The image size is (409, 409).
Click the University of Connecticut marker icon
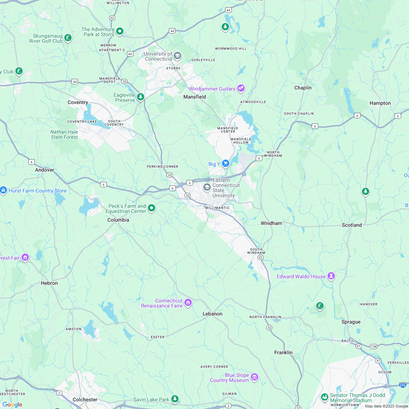point(177,56)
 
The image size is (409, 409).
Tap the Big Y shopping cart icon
point(225,163)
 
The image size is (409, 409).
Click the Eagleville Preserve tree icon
point(141,97)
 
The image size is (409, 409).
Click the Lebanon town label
point(213,314)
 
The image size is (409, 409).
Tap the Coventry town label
point(78,102)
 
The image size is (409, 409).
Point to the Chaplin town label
point(303,88)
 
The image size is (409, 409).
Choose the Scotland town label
point(352,225)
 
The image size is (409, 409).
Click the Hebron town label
point(49,283)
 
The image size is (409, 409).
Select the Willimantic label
point(218,208)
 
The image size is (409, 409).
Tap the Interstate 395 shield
point(403,385)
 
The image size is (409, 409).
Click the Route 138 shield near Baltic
point(374,346)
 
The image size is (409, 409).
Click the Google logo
point(12,404)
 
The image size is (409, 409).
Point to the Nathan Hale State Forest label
point(64,134)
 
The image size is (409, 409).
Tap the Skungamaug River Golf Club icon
point(68,38)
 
